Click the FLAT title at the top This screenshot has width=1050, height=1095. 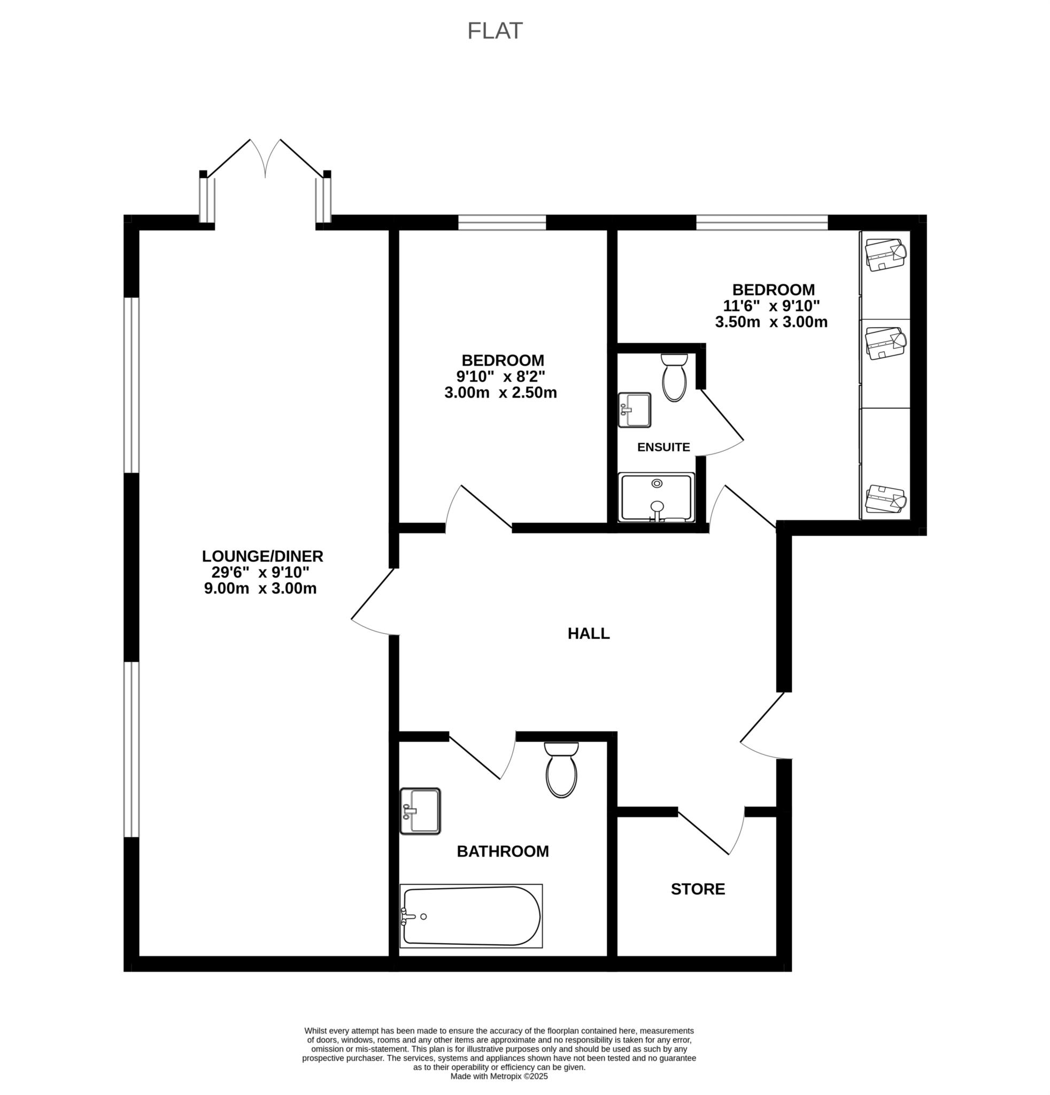click(x=495, y=32)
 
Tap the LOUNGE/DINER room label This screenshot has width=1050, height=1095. click(x=262, y=556)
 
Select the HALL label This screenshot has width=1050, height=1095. click(x=589, y=633)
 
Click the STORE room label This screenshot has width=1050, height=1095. click(x=698, y=889)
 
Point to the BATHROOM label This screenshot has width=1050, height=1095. click(x=503, y=851)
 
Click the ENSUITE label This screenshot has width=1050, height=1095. click(x=663, y=447)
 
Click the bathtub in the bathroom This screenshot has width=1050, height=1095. click(x=472, y=916)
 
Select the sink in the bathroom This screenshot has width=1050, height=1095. click(x=421, y=811)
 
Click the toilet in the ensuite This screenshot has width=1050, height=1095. click(x=674, y=377)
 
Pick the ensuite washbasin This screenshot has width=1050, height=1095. click(x=635, y=410)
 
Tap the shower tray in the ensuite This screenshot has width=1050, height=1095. click(x=657, y=497)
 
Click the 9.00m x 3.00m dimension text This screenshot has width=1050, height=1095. click(x=260, y=588)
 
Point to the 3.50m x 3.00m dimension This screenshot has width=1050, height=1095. click(x=771, y=322)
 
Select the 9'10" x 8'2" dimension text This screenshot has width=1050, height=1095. click(x=500, y=376)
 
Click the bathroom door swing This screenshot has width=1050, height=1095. click(x=482, y=757)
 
